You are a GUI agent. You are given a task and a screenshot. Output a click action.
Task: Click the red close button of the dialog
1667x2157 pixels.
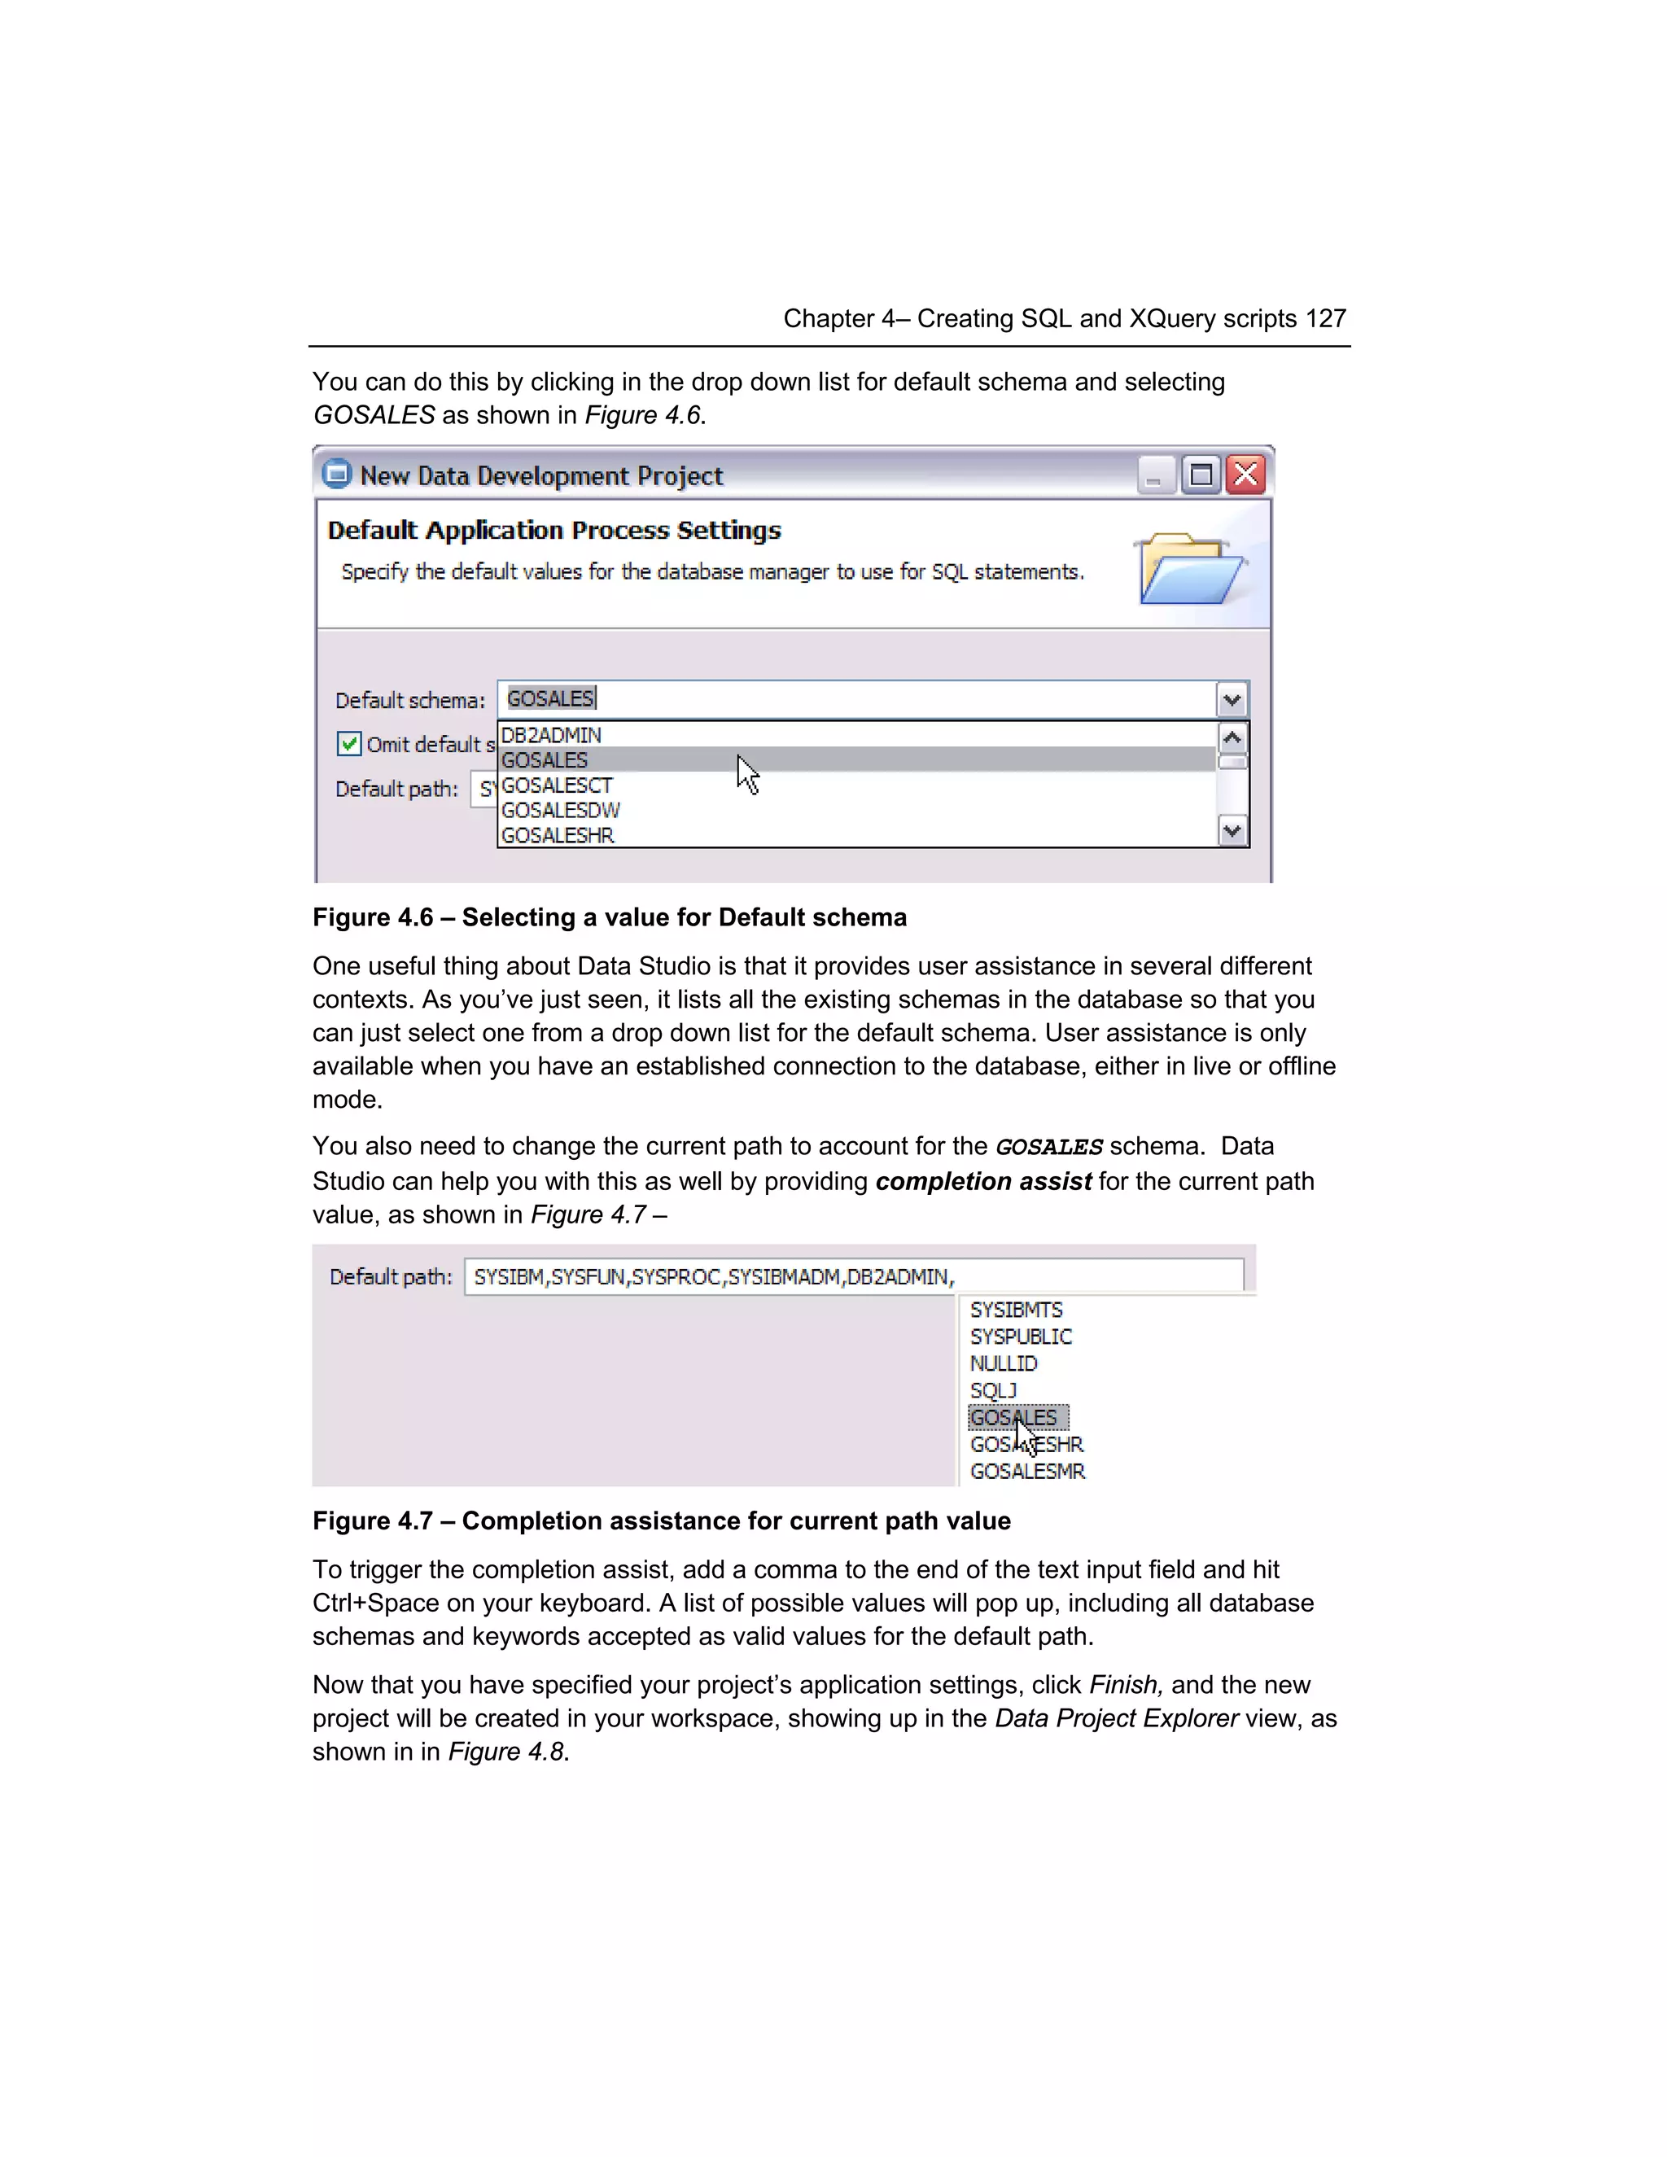1246,475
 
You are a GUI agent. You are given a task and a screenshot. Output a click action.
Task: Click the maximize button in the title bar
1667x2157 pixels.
1201,475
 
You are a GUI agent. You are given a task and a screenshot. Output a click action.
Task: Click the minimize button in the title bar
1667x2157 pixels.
1154,475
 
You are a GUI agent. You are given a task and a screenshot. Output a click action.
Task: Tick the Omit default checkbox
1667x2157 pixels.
348,744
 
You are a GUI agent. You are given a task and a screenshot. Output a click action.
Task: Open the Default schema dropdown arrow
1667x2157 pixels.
1232,699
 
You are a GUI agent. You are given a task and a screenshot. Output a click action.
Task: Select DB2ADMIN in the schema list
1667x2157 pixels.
551,735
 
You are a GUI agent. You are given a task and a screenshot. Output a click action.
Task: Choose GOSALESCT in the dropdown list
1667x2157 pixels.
557,785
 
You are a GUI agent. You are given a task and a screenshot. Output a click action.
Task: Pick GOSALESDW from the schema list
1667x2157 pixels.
560,810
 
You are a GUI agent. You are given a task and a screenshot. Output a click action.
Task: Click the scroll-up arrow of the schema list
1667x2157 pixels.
1232,737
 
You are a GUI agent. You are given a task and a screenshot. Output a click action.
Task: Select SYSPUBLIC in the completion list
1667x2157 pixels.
1020,1337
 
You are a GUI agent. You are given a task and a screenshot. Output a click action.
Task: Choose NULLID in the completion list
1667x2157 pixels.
1004,1363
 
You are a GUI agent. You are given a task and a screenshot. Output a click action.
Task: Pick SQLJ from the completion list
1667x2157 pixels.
992,1390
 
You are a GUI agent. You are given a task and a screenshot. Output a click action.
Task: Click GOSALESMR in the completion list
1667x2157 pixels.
1027,1471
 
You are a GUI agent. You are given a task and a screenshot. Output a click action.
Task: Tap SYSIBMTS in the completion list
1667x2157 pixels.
1016,1310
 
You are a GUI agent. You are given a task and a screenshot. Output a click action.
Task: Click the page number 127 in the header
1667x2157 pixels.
1325,319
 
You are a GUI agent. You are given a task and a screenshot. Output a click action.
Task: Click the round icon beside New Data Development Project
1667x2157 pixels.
337,475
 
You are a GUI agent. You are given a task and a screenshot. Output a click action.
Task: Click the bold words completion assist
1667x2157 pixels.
982,1181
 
